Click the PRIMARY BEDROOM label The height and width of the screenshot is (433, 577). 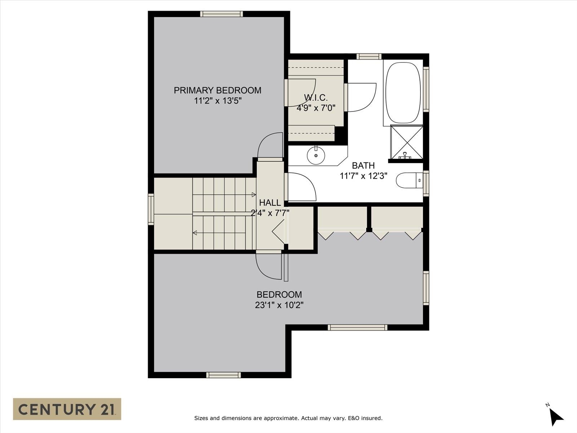click(x=217, y=90)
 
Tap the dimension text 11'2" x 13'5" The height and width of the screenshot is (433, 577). click(x=217, y=101)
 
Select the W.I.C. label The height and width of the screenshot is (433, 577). click(x=316, y=97)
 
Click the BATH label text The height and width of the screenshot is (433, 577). click(x=363, y=166)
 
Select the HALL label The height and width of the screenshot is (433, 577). click(x=270, y=203)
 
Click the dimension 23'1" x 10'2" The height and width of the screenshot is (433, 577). click(x=279, y=305)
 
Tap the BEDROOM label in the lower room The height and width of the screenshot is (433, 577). click(x=279, y=294)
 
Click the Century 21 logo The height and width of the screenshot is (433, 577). click(x=67, y=409)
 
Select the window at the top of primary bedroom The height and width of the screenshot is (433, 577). click(x=221, y=14)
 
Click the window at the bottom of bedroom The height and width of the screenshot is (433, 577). click(x=223, y=375)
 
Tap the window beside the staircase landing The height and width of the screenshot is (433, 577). click(x=151, y=209)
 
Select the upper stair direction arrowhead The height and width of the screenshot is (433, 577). click(x=254, y=195)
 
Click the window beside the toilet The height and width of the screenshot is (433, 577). click(x=426, y=183)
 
